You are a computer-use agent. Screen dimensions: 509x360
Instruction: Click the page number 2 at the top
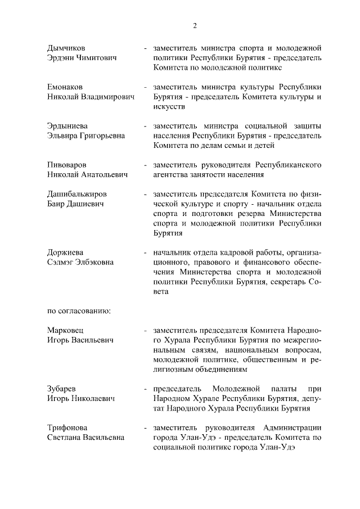[x=194, y=26]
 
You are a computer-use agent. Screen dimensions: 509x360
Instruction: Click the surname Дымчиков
[x=67, y=47]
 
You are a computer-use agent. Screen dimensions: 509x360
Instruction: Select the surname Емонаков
[x=65, y=87]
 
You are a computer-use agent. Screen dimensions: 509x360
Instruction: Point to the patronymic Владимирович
[x=109, y=97]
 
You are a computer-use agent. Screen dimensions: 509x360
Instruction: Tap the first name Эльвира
[x=64, y=136]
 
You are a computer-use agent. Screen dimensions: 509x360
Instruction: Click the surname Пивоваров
[x=66, y=165]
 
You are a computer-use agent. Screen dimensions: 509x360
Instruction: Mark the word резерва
[x=263, y=214]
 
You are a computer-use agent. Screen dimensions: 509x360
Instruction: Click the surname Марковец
[x=65, y=331]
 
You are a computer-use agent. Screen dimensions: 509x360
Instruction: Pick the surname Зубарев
[x=62, y=389]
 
